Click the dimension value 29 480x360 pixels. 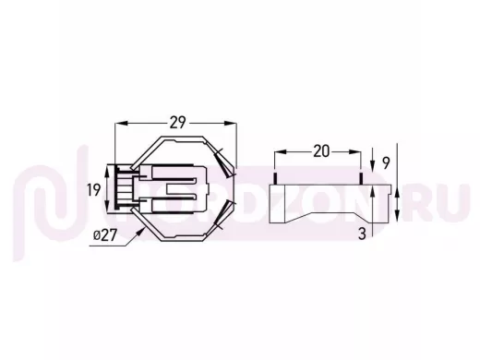coord(178,123)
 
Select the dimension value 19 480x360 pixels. coord(93,190)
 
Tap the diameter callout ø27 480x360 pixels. coord(105,235)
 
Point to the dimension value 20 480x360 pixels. coord(321,151)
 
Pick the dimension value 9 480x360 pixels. coord(386,163)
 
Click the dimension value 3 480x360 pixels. coord(362,234)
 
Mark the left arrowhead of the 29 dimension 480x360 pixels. coord(121,123)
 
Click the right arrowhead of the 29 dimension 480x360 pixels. coord(231,123)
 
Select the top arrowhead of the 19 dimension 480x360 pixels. coord(107,172)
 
